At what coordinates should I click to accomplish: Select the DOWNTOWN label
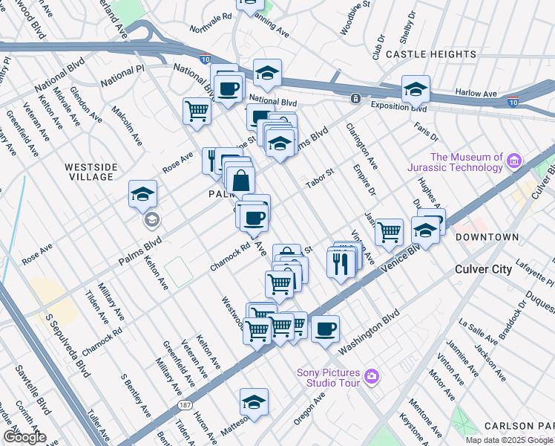click(487, 237)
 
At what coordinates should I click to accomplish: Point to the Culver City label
click(484, 269)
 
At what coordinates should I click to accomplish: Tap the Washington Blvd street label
click(369, 337)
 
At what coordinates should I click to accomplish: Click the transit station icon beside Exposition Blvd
click(355, 98)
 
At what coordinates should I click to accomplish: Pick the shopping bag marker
click(241, 180)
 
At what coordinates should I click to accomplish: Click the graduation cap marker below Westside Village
click(142, 195)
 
